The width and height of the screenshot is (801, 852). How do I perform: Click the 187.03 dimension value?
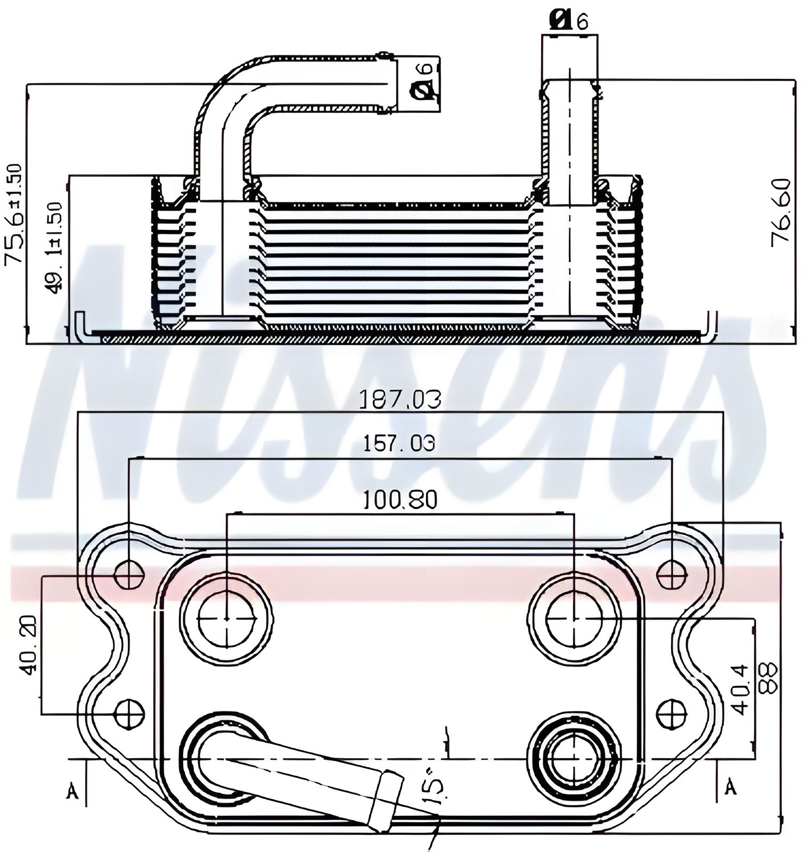coord(400,399)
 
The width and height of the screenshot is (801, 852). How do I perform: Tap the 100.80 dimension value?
coord(400,500)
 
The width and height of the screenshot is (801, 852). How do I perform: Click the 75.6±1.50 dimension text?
coord(14,214)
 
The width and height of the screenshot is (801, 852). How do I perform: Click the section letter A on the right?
coord(731,786)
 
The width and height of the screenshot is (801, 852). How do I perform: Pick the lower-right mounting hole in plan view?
coord(672,713)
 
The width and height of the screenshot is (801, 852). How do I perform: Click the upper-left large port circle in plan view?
coord(227,619)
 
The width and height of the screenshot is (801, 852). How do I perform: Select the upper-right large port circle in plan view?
coord(574,619)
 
